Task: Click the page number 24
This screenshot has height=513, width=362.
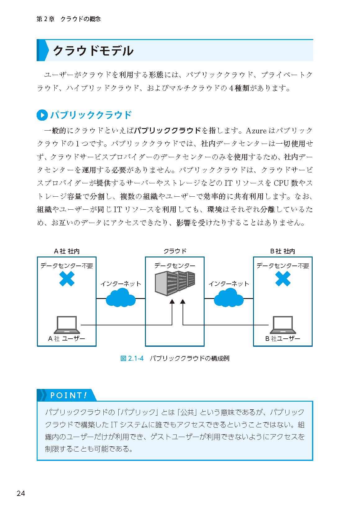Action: [21, 493]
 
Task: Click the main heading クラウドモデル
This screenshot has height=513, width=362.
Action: [93, 51]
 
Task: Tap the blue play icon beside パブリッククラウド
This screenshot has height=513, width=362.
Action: [42, 115]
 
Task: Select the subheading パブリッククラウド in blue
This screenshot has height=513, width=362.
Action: [91, 115]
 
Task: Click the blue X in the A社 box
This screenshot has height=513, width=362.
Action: [67, 279]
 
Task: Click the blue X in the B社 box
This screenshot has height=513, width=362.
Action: [283, 279]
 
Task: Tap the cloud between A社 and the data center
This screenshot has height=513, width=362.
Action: [121, 297]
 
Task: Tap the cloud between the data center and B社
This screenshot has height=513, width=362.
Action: [229, 297]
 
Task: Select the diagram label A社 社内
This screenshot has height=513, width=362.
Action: [67, 251]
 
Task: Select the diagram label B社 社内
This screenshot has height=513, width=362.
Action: [283, 251]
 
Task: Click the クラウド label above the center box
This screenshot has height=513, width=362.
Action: [175, 251]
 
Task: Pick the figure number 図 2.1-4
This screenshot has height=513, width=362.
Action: [132, 359]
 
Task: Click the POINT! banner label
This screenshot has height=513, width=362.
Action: [68, 395]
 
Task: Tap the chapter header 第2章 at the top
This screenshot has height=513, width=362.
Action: [45, 19]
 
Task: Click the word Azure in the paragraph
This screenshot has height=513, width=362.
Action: [256, 131]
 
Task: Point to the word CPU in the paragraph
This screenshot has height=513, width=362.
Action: [281, 183]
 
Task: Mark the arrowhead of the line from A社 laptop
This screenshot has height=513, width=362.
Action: [172, 301]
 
